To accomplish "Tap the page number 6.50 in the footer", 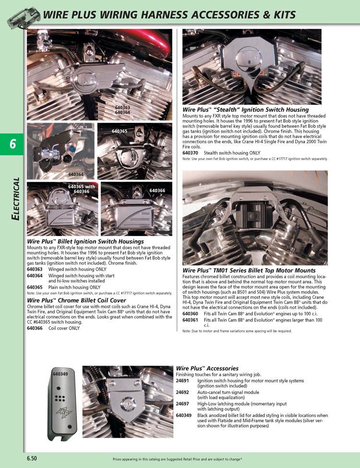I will (x=33, y=458).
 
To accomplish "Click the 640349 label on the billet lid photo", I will (x=60, y=374).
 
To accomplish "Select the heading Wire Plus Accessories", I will (x=207, y=368).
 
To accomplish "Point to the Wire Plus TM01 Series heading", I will (x=249, y=271).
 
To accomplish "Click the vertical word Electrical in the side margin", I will (x=15, y=199).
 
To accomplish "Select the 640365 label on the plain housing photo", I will (x=120, y=131).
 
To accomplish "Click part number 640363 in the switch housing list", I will (x=35, y=270).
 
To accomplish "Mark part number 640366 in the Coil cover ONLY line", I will (x=35, y=328).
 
